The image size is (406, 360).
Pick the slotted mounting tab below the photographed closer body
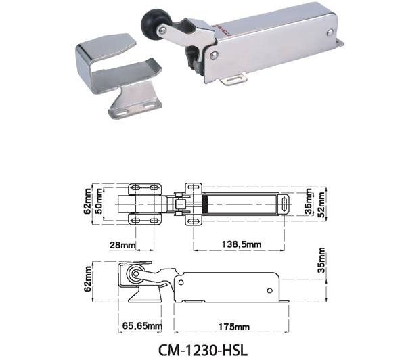click(x=234, y=79)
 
